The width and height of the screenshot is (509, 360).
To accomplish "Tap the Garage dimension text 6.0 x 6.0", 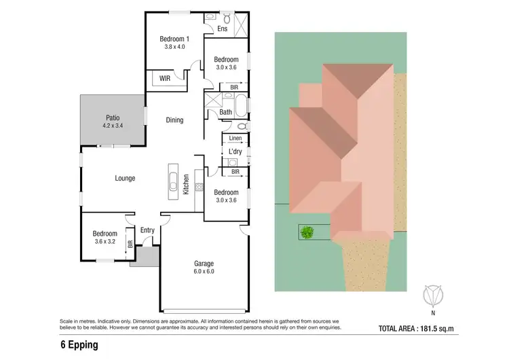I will pos(204,272).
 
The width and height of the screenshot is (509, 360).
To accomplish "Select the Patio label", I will pos(113,117).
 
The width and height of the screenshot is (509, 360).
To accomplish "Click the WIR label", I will pos(165,79).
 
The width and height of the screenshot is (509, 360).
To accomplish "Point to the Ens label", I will pos(222,29).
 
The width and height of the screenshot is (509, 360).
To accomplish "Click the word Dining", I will pos(174,120).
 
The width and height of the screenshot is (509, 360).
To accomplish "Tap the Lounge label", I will pos(125,178).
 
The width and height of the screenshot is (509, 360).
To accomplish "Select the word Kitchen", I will pos(186,185).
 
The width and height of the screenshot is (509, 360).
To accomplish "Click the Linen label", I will pos(235,139).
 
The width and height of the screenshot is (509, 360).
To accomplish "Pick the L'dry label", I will pos(235,151).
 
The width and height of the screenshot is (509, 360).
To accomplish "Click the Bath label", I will pos(225,112).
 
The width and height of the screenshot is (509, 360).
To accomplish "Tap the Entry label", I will pos(147,230).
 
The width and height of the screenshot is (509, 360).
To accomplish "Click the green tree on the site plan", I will pos(307,233).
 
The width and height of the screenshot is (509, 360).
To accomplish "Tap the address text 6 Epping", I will pos(79,346).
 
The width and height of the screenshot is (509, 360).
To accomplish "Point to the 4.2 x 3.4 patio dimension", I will pos(113,126).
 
